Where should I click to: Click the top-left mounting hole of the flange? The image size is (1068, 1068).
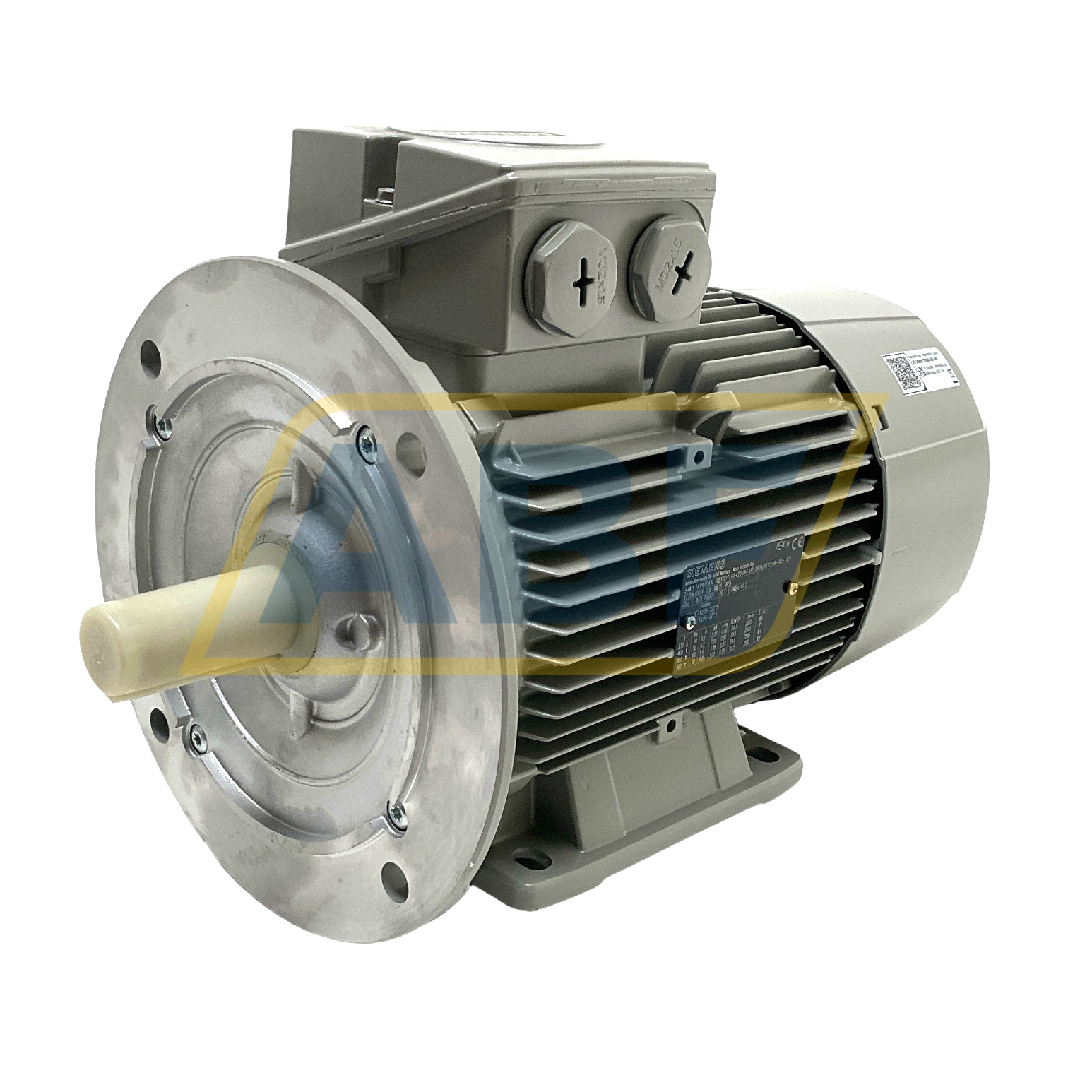coord(149,351)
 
